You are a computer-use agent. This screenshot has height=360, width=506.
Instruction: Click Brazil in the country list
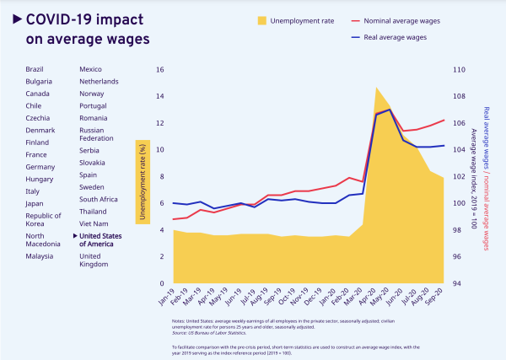pyautogui.click(x=35, y=67)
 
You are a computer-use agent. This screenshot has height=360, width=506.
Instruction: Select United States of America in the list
pyautogui.click(x=100, y=239)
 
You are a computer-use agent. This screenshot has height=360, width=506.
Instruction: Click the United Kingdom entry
pyautogui.click(x=95, y=261)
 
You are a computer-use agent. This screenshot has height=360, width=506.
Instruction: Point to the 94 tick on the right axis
pyautogui.click(x=459, y=282)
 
